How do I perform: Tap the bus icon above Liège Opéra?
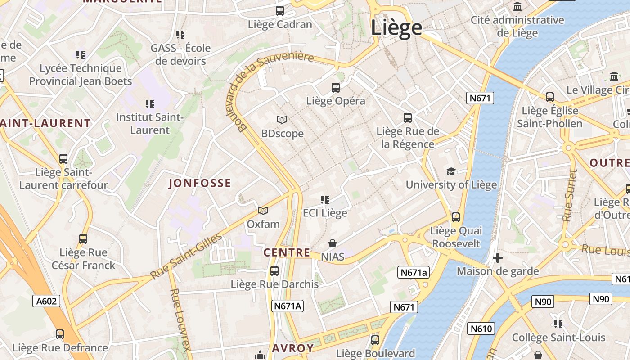[336, 88]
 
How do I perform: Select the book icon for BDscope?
[282, 120]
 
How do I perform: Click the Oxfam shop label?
[263, 224]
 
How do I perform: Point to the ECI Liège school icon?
[325, 199]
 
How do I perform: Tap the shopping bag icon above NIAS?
[333, 243]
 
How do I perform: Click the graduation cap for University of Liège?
[451, 171]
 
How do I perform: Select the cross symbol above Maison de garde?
[498, 258]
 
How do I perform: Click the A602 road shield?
[46, 301]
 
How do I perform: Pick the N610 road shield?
[481, 328]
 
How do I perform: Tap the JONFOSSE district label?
[200, 183]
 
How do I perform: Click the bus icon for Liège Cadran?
[280, 11]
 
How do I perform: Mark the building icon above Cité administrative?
[517, 7]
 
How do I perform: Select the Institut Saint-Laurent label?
[150, 124]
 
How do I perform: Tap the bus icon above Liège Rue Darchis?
[274, 271]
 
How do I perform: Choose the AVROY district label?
[293, 348]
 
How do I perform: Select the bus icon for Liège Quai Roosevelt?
[456, 217]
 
